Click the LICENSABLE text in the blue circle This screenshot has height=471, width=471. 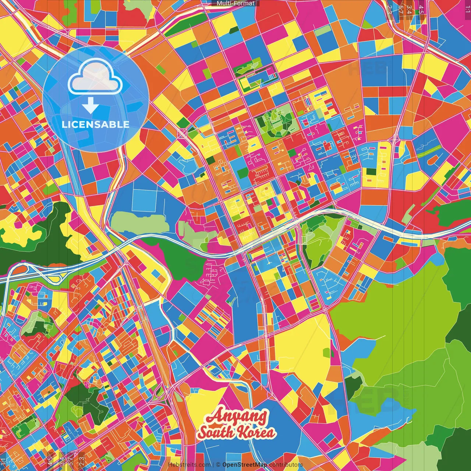coord(96,124)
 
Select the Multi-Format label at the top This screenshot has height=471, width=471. coord(235,3)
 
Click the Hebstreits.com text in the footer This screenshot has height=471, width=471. coord(190,465)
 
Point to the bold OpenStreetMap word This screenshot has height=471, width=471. coord(245,465)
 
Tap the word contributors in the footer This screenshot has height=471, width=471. coord(286,465)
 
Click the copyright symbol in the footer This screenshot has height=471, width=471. coord(218,465)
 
